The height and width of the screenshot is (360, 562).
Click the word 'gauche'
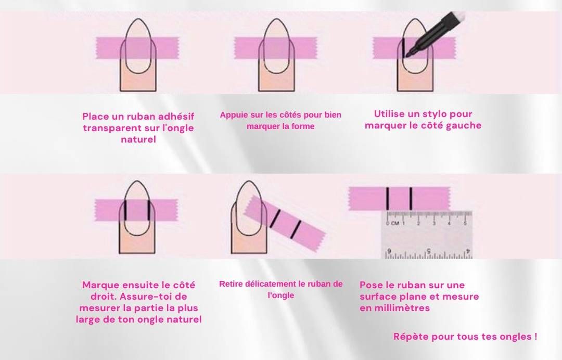pos(462,125)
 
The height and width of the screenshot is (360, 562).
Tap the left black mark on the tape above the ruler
pos(388,198)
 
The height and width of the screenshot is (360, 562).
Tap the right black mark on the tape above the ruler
pos(411,198)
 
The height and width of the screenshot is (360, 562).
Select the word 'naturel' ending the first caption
pos(138,139)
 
